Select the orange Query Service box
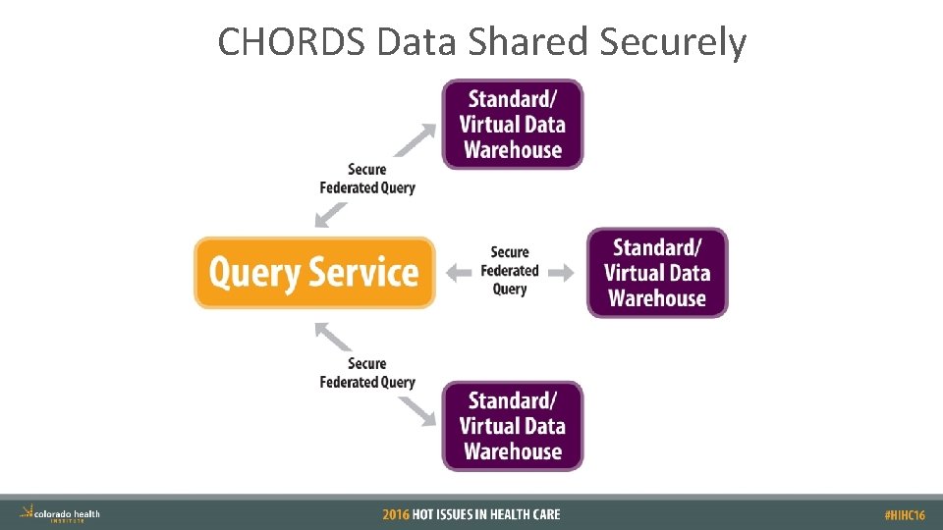click(314, 272)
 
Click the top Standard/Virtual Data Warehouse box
click(512, 125)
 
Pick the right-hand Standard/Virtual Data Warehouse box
click(657, 273)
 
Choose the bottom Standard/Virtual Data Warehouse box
click(512, 426)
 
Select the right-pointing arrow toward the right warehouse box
click(561, 272)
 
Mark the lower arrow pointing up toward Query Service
click(333, 336)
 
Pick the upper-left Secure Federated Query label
click(367, 179)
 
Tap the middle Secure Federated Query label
click(510, 271)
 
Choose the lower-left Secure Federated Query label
click(367, 373)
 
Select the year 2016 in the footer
click(396, 514)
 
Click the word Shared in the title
click(536, 42)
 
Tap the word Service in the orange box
click(366, 272)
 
